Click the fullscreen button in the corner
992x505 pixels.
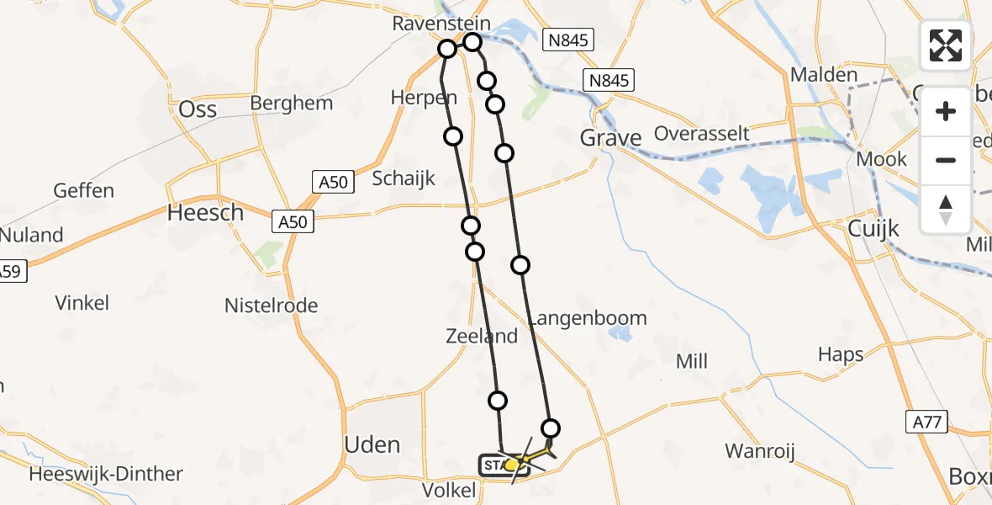tap(946, 45)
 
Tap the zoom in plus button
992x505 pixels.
tap(946, 111)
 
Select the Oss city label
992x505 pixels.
tap(198, 109)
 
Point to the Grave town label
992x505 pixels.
tap(611, 137)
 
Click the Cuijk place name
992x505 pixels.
tap(873, 228)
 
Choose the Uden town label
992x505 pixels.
tap(372, 444)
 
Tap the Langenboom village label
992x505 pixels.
tap(588, 318)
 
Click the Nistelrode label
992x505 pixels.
tap(271, 306)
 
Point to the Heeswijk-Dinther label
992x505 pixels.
tap(106, 474)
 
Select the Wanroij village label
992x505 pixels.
tap(760, 451)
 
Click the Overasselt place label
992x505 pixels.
tap(701, 134)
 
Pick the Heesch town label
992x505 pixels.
tap(205, 213)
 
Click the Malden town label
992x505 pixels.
tap(823, 75)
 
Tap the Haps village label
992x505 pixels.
tap(840, 355)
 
